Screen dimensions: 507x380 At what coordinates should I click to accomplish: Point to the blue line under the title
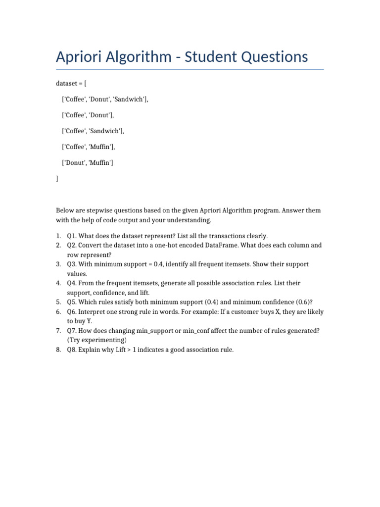(190, 69)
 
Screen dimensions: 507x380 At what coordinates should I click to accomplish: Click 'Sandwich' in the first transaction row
(130, 99)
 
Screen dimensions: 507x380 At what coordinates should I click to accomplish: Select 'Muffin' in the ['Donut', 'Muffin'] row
(100, 162)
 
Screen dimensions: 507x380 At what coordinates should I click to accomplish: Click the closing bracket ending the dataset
(57, 178)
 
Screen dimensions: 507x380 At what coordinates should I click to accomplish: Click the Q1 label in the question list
(71, 236)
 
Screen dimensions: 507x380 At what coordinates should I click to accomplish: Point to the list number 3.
(58, 264)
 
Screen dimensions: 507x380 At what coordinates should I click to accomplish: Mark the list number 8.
(58, 350)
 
